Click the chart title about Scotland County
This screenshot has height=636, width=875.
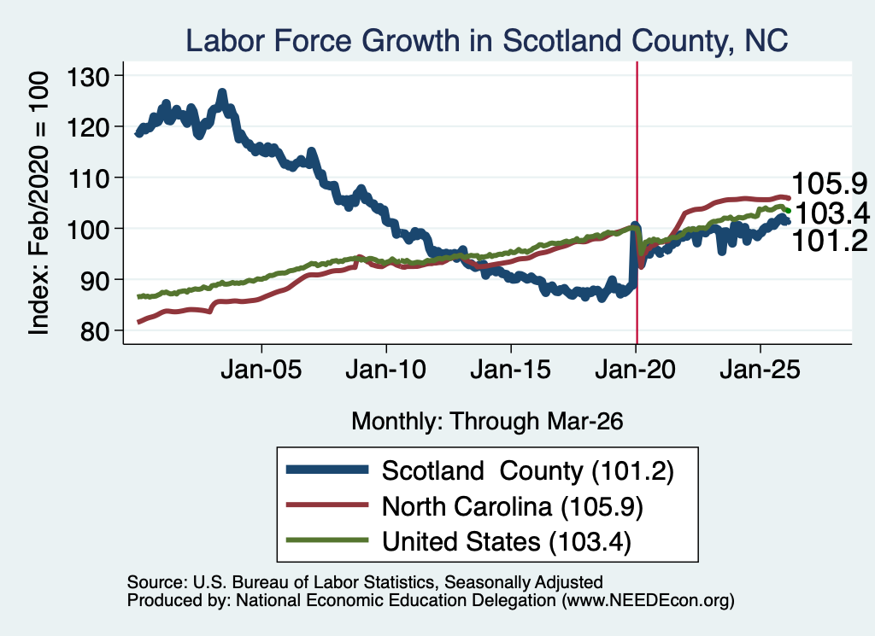pyautogui.click(x=486, y=41)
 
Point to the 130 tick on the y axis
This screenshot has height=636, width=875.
pyautogui.click(x=88, y=76)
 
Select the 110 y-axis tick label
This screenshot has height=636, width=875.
pyautogui.click(x=88, y=178)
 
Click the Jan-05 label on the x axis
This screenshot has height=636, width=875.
pyautogui.click(x=261, y=370)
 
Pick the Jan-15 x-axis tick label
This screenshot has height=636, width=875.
pyautogui.click(x=511, y=370)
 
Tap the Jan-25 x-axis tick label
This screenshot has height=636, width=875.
pyautogui.click(x=760, y=370)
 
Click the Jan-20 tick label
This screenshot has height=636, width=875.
pyautogui.click(x=636, y=370)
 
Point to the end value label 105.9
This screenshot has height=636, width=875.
pyautogui.click(x=830, y=184)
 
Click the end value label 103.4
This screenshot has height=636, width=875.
pyautogui.click(x=832, y=213)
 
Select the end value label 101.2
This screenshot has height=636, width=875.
pyautogui.click(x=830, y=241)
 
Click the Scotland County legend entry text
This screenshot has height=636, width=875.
pyautogui.click(x=528, y=471)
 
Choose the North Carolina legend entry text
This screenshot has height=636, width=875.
pyautogui.click(x=513, y=507)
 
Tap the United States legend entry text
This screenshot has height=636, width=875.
pyautogui.click(x=507, y=542)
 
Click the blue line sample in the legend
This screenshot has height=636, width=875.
pyautogui.click(x=327, y=470)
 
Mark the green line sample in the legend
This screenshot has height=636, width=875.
pyautogui.click(x=327, y=540)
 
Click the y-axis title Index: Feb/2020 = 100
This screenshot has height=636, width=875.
pyautogui.click(x=38, y=203)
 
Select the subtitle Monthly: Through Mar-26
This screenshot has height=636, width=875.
pyautogui.click(x=487, y=422)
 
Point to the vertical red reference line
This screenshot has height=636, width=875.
pyautogui.click(x=637, y=203)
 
